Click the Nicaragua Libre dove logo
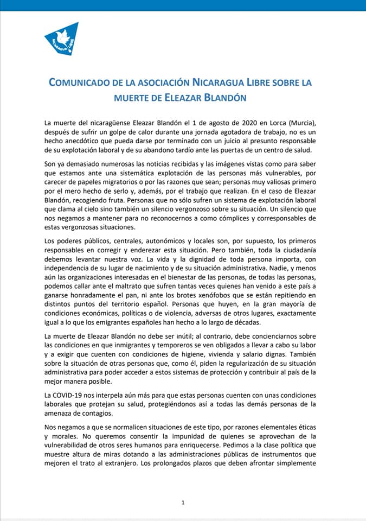point(62,39)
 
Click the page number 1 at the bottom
point(183,503)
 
